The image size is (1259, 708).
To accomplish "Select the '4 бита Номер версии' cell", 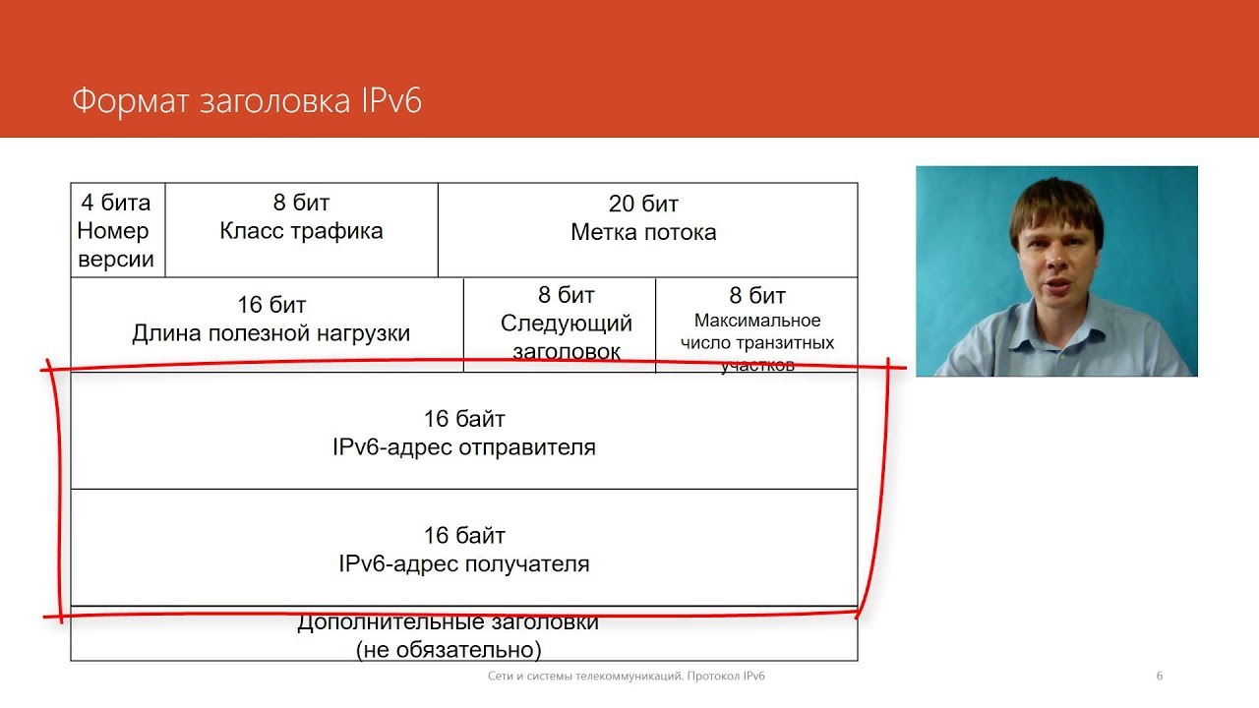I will coord(116,231).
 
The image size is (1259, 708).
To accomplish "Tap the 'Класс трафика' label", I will coord(301,231).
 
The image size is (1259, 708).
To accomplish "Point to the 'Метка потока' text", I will coord(643,233).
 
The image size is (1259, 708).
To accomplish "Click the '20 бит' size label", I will coord(643,205).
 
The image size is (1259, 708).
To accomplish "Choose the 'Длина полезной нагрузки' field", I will coord(270,333).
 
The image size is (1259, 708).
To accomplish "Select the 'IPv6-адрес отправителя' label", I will coord(464,447).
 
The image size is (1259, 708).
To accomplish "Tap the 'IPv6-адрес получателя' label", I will coord(464,564).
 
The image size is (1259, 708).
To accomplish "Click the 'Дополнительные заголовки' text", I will coord(448,622).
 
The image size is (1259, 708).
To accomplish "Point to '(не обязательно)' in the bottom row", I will coord(448,649).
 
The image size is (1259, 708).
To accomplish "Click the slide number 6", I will coord(1160,676).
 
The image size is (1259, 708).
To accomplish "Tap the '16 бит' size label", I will coord(271,305).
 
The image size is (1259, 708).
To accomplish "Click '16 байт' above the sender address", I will coord(464,419).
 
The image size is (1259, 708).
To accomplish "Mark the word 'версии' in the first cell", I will coord(116,260).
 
